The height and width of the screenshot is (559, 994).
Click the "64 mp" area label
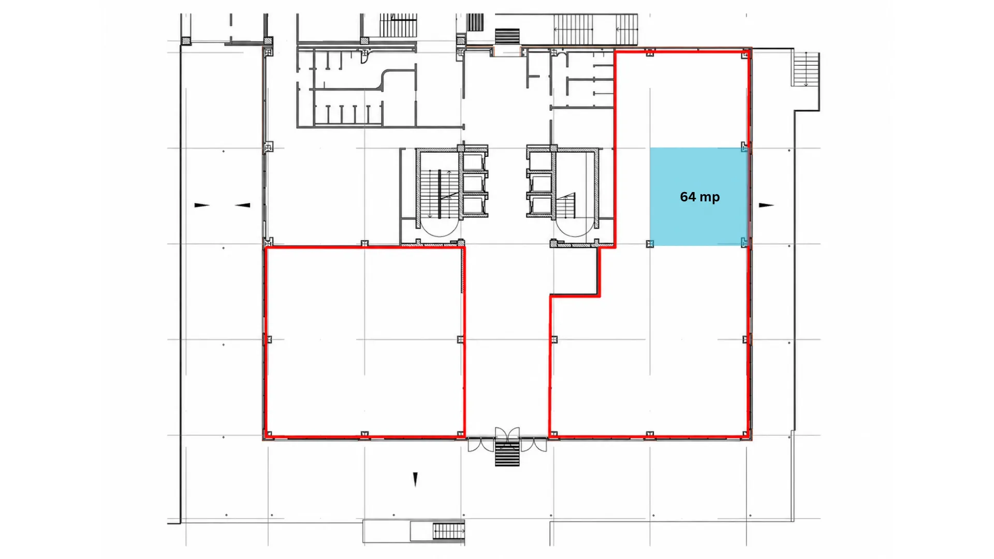(x=699, y=197)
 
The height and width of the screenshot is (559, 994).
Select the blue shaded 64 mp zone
(x=698, y=197)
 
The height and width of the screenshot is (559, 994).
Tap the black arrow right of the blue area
(x=766, y=205)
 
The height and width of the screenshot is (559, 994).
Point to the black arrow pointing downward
(x=415, y=480)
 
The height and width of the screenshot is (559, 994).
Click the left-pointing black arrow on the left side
(x=243, y=205)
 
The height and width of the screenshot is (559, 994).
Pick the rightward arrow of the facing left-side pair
(x=202, y=205)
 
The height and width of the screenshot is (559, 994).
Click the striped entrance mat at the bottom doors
(x=507, y=453)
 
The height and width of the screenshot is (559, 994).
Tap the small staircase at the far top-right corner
(x=806, y=69)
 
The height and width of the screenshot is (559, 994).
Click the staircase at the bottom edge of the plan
(x=448, y=531)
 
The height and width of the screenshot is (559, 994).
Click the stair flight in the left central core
(x=438, y=194)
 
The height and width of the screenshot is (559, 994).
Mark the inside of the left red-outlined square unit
(x=364, y=342)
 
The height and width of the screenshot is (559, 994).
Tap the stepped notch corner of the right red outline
(x=600, y=296)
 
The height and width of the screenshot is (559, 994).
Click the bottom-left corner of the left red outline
(x=266, y=436)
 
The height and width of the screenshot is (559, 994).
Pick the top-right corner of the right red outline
(x=749, y=50)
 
